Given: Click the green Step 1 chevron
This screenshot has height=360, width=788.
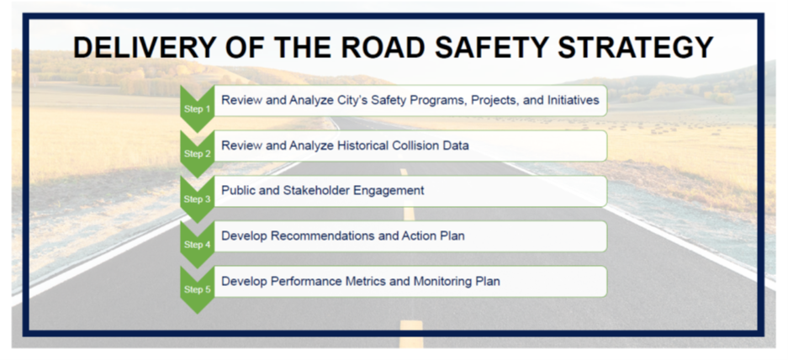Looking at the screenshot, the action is click(x=197, y=109).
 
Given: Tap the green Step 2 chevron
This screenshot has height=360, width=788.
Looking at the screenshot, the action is click(x=197, y=154).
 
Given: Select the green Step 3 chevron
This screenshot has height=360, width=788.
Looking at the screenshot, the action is click(x=197, y=199).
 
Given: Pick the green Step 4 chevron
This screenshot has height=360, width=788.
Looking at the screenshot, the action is click(x=197, y=245).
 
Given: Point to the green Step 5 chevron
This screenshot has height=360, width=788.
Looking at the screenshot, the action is click(x=197, y=289).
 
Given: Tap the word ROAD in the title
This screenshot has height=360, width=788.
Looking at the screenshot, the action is click(x=380, y=48).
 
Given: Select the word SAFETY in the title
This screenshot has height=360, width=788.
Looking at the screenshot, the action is click(x=490, y=48).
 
